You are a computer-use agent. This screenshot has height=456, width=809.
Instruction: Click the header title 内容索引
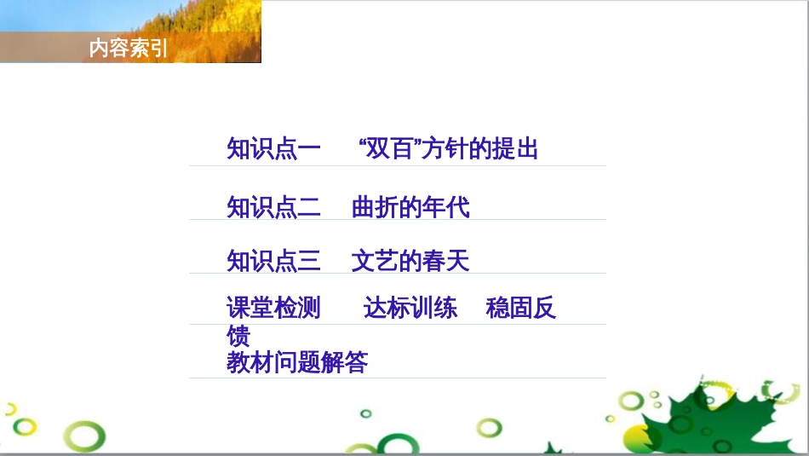[129, 49]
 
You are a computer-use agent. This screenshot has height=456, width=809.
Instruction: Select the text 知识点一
[273, 149]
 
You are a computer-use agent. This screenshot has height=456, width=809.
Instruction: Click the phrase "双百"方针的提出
[450, 149]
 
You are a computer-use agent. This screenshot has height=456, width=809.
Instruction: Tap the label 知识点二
[273, 207]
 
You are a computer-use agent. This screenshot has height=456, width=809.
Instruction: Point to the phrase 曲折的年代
[410, 207]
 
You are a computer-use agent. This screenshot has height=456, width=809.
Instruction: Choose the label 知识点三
[273, 261]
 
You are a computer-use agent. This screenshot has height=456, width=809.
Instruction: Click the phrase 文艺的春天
[410, 261]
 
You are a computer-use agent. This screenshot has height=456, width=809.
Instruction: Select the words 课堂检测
[273, 308]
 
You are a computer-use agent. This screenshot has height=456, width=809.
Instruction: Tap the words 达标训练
[410, 308]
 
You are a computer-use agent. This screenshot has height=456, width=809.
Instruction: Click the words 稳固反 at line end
[520, 308]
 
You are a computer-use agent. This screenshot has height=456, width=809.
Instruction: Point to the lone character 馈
[238, 335]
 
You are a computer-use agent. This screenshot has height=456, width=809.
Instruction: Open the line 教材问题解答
[297, 362]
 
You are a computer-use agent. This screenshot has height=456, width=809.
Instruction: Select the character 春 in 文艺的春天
[434, 261]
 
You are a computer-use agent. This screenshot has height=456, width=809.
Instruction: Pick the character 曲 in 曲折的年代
[364, 207]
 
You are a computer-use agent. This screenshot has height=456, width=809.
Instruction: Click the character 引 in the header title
[159, 49]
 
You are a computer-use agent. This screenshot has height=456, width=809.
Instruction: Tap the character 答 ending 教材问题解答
[357, 362]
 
